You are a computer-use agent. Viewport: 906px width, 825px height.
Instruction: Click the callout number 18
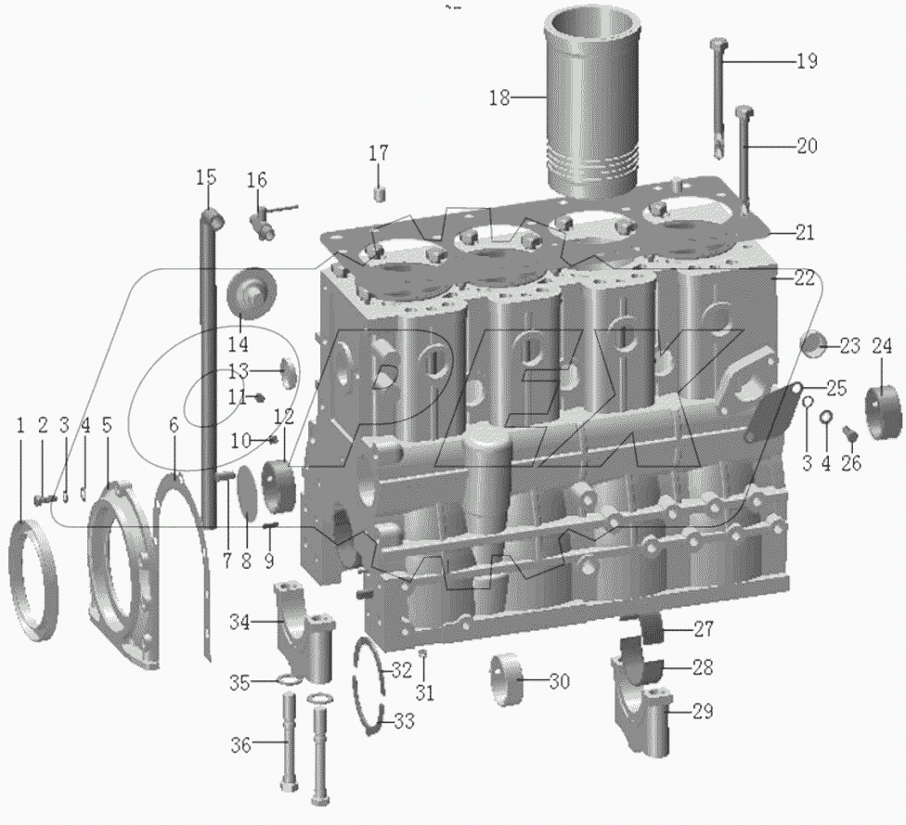coord(499,97)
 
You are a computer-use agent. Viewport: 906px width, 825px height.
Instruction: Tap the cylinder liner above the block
coord(594,102)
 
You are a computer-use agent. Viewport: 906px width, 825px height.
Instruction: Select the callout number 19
coord(806,61)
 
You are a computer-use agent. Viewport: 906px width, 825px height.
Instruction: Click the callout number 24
coord(881,347)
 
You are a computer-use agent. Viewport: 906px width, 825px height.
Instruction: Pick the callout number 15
coord(205,175)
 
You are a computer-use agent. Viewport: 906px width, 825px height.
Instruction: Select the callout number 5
coord(107,425)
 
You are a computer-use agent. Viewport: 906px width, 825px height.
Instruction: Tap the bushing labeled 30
coord(509,683)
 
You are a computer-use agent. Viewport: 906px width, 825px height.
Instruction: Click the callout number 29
coord(703,712)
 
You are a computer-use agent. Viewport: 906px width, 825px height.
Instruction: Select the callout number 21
coord(804,232)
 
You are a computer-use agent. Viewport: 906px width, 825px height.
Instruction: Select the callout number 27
coord(703,630)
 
